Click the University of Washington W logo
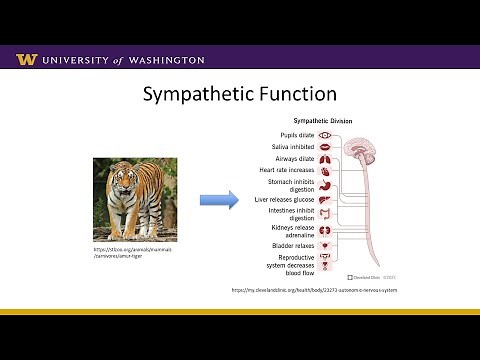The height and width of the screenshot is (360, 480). [26, 59]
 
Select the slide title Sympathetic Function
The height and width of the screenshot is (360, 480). [239, 96]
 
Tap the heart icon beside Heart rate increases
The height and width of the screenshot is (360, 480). [325, 170]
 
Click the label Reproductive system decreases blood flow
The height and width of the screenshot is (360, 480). [293, 266]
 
